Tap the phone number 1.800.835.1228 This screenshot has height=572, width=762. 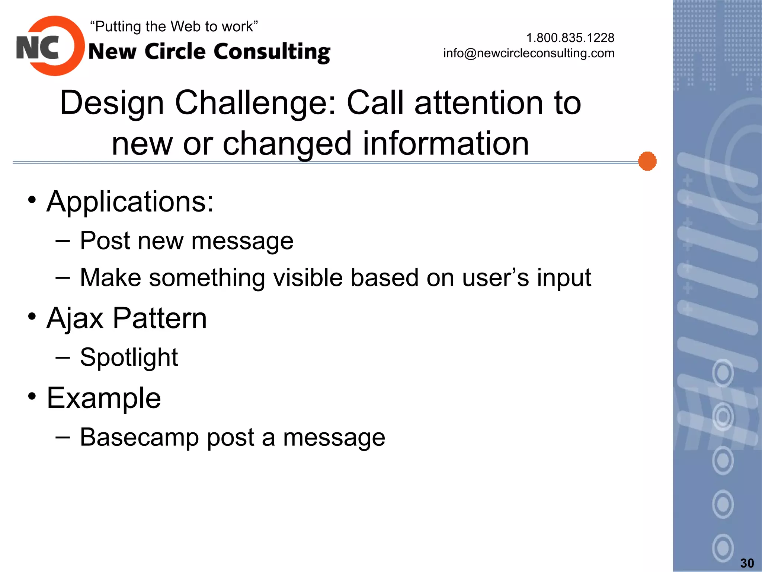point(570,38)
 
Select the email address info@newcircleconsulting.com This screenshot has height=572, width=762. point(529,53)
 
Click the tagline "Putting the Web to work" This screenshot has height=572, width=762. point(174,26)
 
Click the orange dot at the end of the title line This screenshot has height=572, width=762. point(647,161)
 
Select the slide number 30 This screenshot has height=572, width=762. point(747,563)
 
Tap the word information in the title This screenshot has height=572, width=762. point(445,143)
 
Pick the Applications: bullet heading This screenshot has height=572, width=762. point(130,201)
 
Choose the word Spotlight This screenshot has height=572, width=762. point(129,357)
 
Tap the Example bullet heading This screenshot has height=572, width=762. point(104,398)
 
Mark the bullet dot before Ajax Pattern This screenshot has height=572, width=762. point(32,317)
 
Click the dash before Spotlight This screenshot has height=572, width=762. point(63,357)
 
